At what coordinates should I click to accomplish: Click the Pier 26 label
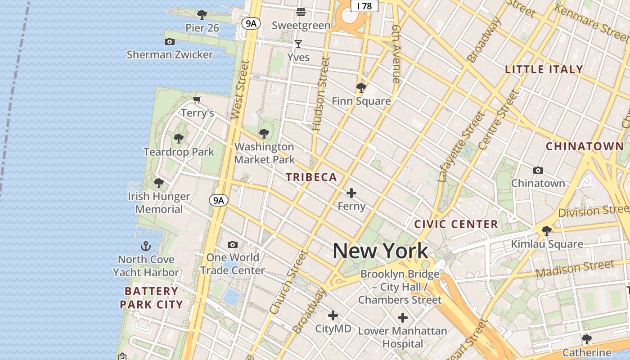(x=202, y=28)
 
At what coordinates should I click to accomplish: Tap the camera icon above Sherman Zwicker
(x=170, y=42)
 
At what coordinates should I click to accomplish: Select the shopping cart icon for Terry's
(x=197, y=99)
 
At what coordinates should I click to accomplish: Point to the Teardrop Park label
(x=179, y=152)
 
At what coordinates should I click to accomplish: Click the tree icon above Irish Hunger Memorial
(x=158, y=183)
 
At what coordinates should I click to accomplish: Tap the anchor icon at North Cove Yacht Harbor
(x=145, y=246)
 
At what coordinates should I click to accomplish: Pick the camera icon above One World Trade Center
(x=232, y=244)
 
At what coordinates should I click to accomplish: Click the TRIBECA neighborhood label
(x=311, y=177)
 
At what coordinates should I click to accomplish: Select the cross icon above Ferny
(x=351, y=193)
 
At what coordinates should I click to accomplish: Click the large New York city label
(x=380, y=251)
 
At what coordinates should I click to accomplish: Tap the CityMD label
(x=333, y=329)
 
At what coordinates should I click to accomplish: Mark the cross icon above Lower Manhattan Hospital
(x=403, y=318)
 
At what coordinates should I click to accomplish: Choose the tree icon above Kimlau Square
(x=547, y=231)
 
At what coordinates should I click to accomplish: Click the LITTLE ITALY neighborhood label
(x=544, y=69)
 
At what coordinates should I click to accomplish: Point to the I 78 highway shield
(x=364, y=6)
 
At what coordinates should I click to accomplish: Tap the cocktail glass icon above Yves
(x=298, y=44)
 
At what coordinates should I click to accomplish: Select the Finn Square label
(x=361, y=101)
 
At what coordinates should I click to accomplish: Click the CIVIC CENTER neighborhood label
(x=456, y=224)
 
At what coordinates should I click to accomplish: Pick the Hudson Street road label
(x=320, y=94)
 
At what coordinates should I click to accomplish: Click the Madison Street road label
(x=575, y=269)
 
